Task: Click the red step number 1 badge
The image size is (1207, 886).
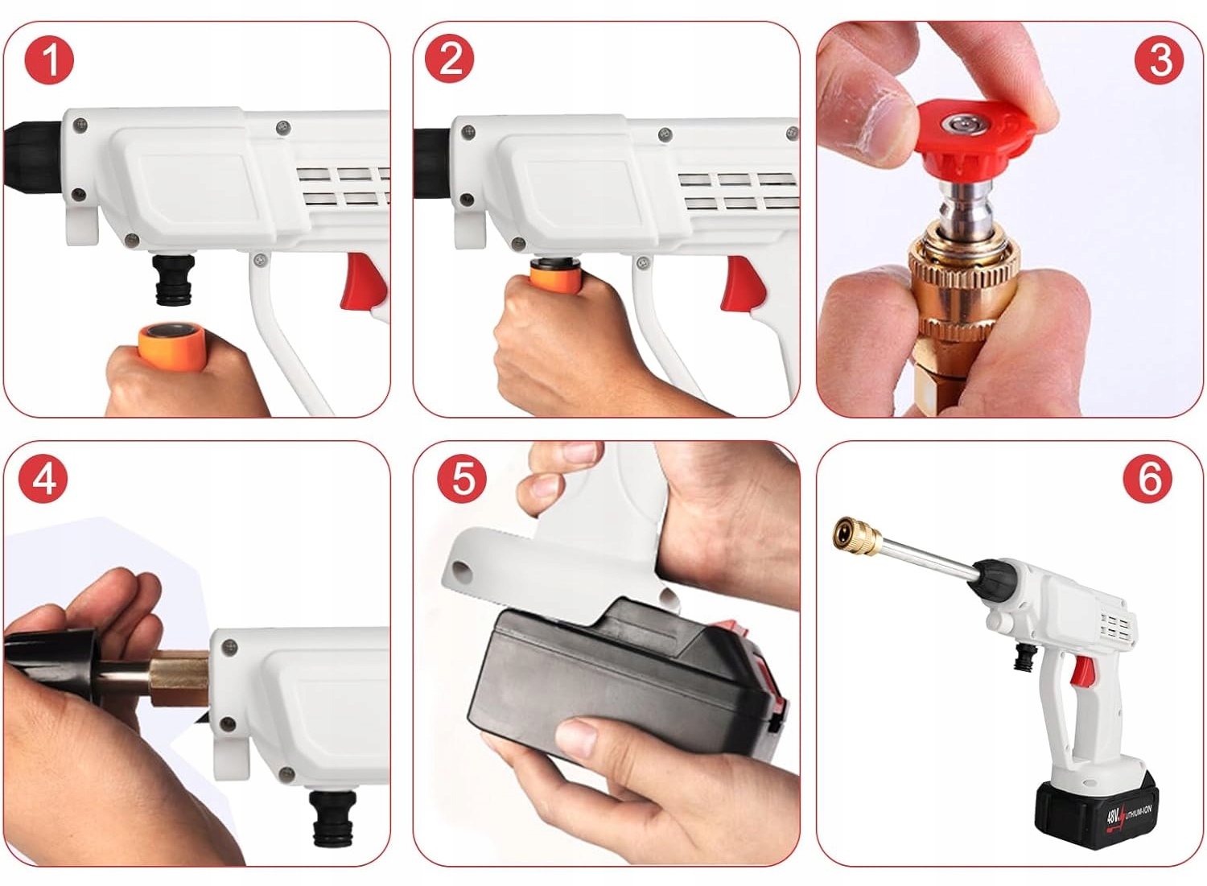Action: coord(49,60)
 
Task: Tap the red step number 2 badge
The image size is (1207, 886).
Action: coord(449,58)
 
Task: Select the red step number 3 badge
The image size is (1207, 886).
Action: coord(1160,60)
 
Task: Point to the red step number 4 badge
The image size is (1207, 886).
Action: coord(43,479)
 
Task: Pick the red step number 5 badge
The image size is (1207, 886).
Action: coord(462,479)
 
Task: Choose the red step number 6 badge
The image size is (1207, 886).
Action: coord(1147,479)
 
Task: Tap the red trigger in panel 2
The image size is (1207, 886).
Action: coord(746,283)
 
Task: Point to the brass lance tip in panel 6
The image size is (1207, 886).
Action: coord(857,537)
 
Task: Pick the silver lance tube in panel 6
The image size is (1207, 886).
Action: coord(928,555)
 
